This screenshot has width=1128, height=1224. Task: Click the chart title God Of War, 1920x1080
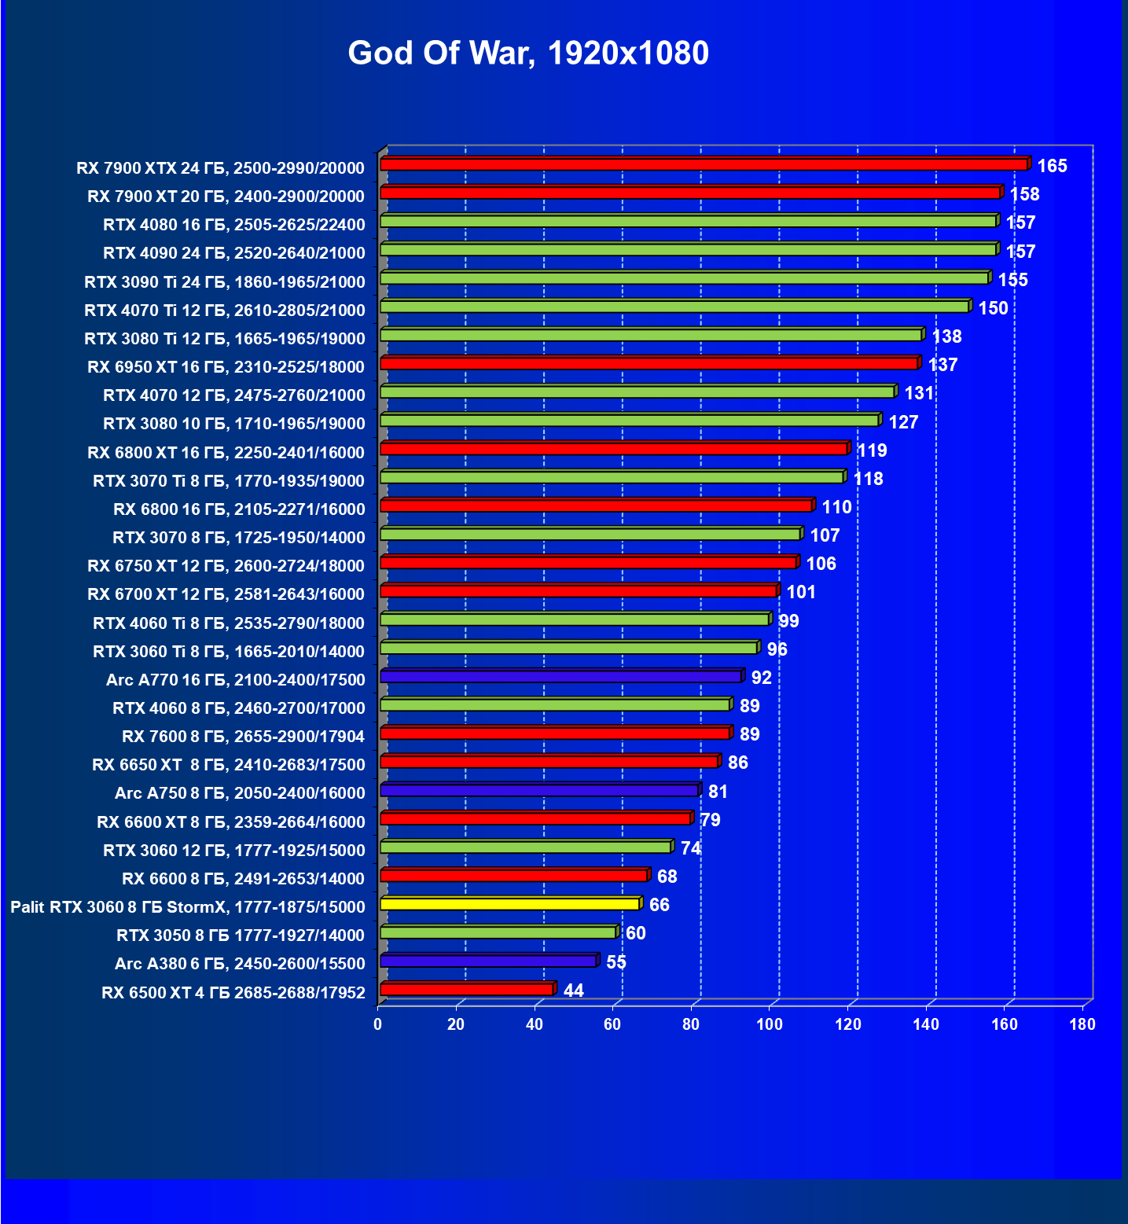click(x=528, y=53)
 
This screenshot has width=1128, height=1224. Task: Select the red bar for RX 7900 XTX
click(x=704, y=164)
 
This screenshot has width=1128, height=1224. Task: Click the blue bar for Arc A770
click(x=560, y=676)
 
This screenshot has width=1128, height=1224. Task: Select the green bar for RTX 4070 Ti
click(x=674, y=307)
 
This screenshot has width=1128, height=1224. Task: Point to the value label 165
click(x=1052, y=166)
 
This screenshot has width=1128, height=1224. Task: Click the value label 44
click(x=574, y=991)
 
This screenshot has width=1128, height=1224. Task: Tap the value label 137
click(x=942, y=365)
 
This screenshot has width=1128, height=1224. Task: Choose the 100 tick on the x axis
click(x=770, y=1024)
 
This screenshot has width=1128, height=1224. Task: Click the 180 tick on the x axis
click(x=1082, y=1024)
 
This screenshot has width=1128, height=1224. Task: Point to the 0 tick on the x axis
click(x=378, y=1024)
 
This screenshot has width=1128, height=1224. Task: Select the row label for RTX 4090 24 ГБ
click(x=234, y=253)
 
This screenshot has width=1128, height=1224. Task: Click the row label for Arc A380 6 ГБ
click(x=240, y=964)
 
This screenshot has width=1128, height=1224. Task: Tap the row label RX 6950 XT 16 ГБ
click(x=226, y=367)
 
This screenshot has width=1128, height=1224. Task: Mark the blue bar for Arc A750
click(x=539, y=790)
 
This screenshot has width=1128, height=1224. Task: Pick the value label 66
click(x=659, y=905)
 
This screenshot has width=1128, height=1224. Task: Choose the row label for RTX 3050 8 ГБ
click(x=241, y=935)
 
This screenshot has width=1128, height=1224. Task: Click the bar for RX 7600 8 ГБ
click(x=555, y=733)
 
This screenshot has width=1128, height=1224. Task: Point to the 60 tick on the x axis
click(x=612, y=1024)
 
